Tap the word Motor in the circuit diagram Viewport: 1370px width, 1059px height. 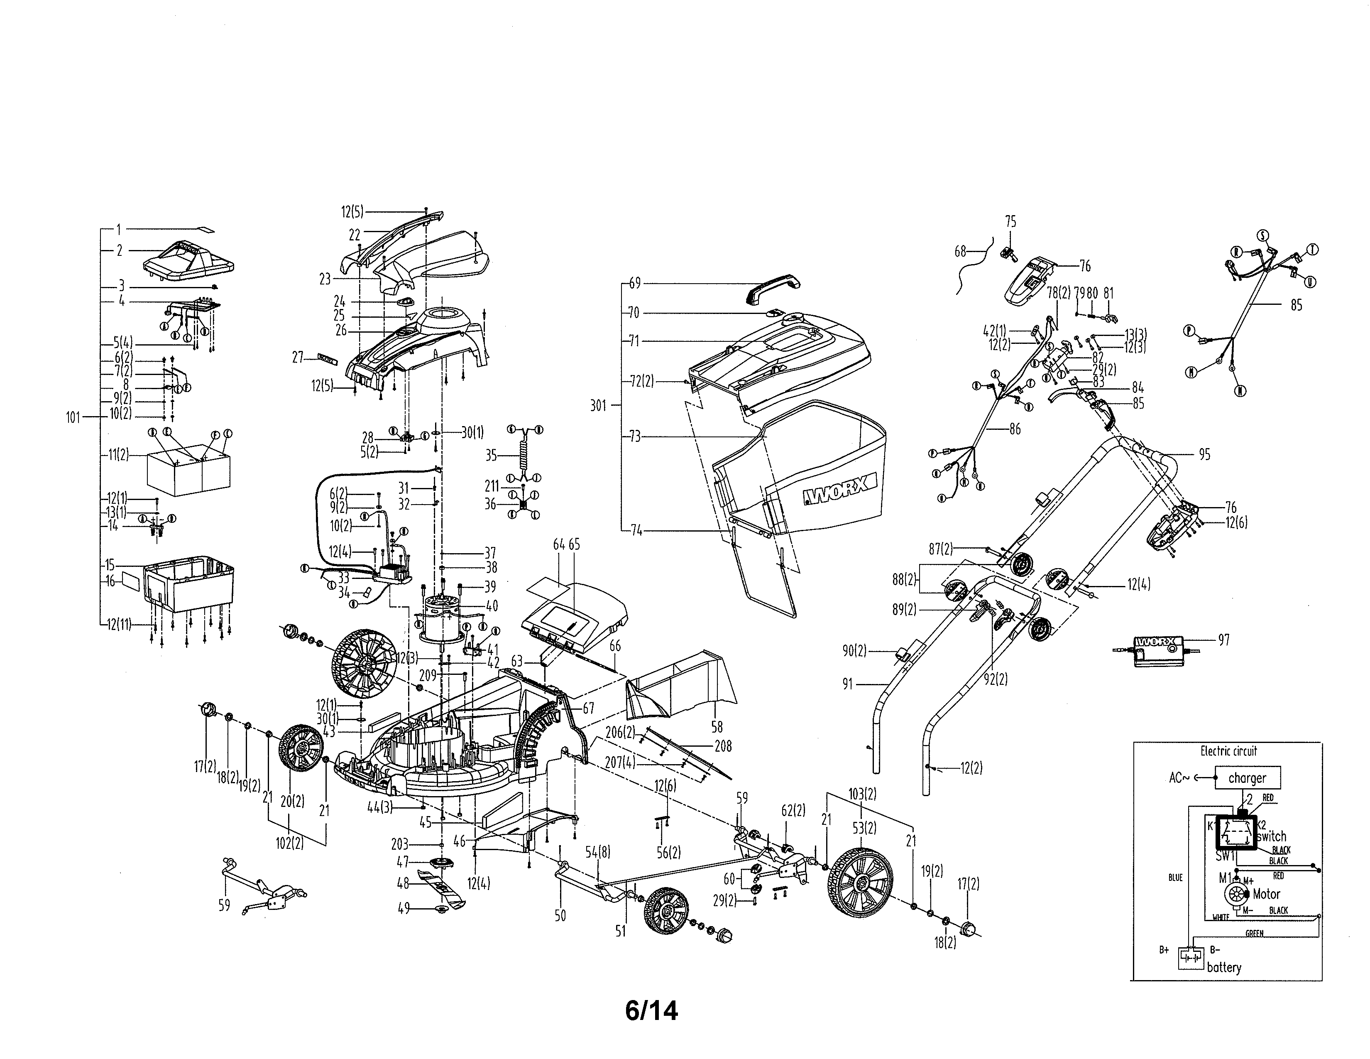1266,894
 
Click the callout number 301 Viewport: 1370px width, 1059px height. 598,406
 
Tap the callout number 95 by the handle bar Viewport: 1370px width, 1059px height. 1204,454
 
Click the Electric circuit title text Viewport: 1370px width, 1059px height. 1228,751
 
